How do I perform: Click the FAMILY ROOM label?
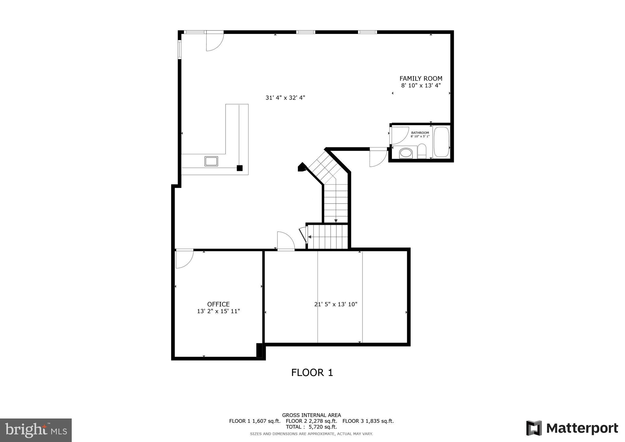(x=421, y=78)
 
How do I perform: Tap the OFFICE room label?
(x=218, y=304)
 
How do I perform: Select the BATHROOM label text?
(x=420, y=133)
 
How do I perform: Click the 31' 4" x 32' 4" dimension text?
(x=285, y=98)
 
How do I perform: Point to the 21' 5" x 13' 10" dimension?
(x=336, y=304)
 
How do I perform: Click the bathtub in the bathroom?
(x=441, y=142)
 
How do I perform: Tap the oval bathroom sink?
(x=406, y=153)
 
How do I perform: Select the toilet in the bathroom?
(x=422, y=151)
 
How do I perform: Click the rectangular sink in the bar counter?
(x=211, y=161)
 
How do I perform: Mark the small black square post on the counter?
(x=240, y=168)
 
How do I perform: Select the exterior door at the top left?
(x=215, y=41)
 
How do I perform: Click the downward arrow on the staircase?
(x=336, y=220)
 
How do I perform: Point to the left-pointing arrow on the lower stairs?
(x=310, y=237)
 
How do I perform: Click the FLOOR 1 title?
(x=312, y=372)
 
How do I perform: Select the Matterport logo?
(x=572, y=428)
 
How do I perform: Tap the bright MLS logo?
(x=36, y=430)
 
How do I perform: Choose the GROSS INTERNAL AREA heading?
(x=311, y=415)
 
